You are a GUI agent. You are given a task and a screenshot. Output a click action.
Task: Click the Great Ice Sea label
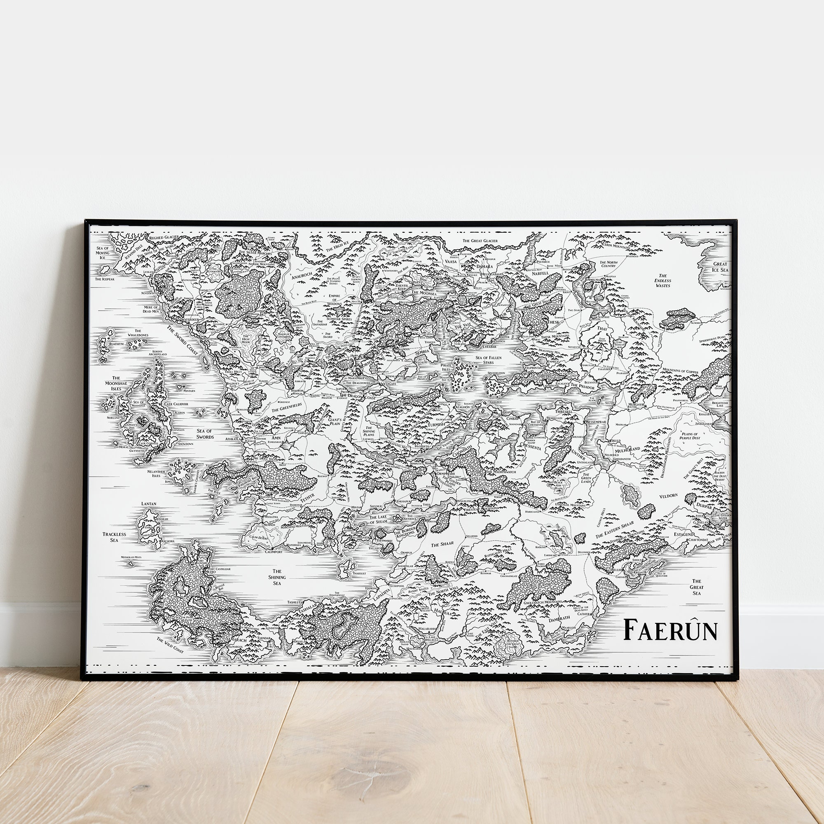[x=720, y=267]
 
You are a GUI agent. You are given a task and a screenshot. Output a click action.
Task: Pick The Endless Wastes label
[x=663, y=280]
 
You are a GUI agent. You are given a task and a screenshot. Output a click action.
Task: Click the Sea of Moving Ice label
[x=103, y=253]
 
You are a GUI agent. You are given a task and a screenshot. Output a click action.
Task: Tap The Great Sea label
[x=697, y=587]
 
